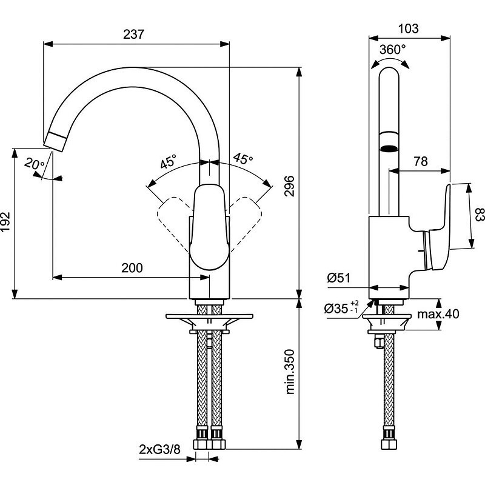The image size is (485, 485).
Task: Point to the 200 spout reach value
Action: pyautogui.click(x=132, y=267)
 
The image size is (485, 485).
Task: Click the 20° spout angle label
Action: pyautogui.click(x=35, y=163)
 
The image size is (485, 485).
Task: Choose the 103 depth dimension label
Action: pyautogui.click(x=409, y=28)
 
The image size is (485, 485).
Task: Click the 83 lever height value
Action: pyautogui.click(x=479, y=215)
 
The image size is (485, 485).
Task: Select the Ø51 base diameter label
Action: pyautogui.click(x=339, y=278)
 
